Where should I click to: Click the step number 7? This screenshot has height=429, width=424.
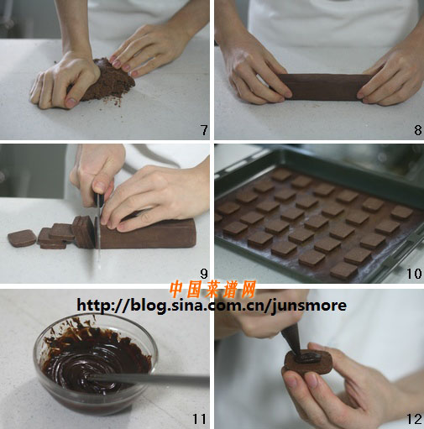coord(204,130)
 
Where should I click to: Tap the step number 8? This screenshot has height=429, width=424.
coord(418,130)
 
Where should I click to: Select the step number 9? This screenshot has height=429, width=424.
coord(204,274)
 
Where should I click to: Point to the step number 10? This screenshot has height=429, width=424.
coord(414,274)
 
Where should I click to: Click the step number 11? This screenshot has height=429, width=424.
coord(199,419)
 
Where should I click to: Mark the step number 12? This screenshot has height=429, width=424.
coord(414,419)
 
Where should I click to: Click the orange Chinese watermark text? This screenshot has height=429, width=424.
coord(212,290)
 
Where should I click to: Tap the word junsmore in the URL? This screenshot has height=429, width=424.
coord(309,306)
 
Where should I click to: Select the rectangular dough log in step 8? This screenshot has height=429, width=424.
coord(325,86)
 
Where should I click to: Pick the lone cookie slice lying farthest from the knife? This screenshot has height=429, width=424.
coord(22,238)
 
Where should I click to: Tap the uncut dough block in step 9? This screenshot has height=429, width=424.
coord(147,233)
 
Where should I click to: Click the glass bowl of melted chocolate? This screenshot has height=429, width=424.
coord(95,364)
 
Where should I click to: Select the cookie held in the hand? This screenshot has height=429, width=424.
coord(308,363)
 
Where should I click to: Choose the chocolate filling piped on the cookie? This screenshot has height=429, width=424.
coord(308,358)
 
